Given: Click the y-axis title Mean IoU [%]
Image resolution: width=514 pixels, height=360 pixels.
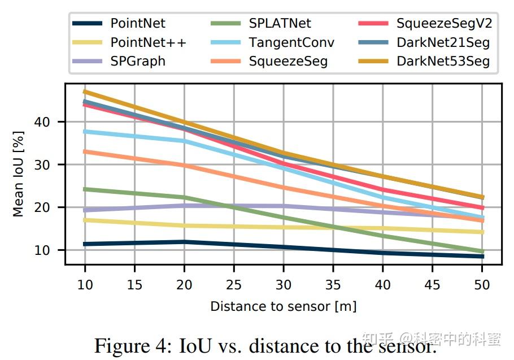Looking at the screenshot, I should pos(19,174).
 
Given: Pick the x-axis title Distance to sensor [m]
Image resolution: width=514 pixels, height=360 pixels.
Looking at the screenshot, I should pos(283,306).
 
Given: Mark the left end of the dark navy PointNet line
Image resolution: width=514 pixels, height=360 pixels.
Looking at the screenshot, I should pos(85,244).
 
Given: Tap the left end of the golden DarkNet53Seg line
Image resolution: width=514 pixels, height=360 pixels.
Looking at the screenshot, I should pos(85,91).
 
